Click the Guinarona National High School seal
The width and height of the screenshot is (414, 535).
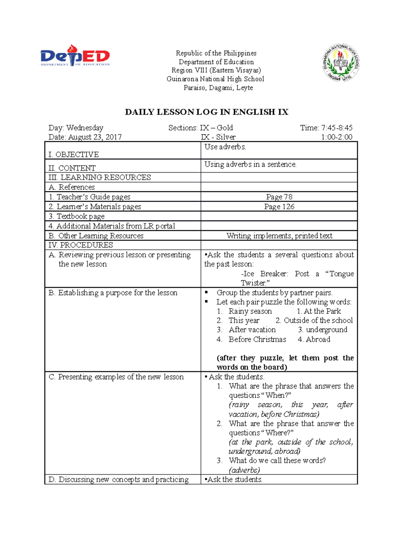tap(341, 63)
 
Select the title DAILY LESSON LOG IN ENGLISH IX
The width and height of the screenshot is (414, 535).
tap(206, 112)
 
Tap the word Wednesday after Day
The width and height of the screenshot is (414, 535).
tap(85, 128)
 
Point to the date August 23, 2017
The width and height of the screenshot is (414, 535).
tap(95, 137)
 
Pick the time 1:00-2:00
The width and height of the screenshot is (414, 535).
tap(336, 137)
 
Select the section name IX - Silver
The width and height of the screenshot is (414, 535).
tap(218, 137)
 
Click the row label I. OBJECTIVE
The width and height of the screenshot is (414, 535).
tap(73, 154)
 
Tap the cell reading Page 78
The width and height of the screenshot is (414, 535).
tap(279, 197)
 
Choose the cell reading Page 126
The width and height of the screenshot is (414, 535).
tap(279, 206)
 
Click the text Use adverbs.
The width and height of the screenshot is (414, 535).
tap(225, 147)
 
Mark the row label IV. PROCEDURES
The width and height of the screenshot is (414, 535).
tap(81, 245)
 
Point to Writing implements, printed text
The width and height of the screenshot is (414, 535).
tap(279, 236)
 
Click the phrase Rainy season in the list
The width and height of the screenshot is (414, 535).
tap(250, 311)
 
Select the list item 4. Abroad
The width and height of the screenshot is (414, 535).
tap(314, 339)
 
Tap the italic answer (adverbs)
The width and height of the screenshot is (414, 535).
tap(244, 470)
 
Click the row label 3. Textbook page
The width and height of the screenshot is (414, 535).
tap(76, 216)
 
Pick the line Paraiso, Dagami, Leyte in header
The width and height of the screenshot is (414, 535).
tap(218, 88)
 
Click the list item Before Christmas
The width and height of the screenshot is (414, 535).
tap(257, 339)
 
